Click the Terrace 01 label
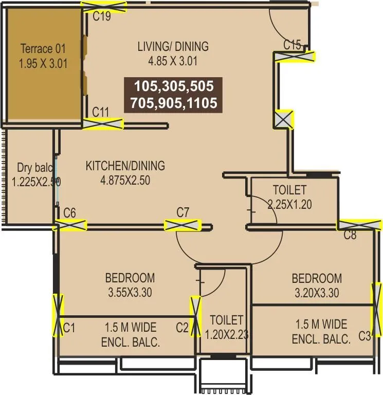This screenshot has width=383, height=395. pos(43,49)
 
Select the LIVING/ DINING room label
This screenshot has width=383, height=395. pos(173,46)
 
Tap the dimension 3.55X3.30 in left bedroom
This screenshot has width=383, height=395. pos(130,293)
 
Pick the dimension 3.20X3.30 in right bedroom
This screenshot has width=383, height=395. pos(317,293)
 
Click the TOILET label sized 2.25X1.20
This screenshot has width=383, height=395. pos(289,190)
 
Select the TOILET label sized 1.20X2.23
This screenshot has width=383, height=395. pos(226,320)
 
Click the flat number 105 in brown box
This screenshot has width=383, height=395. pos(144,86)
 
